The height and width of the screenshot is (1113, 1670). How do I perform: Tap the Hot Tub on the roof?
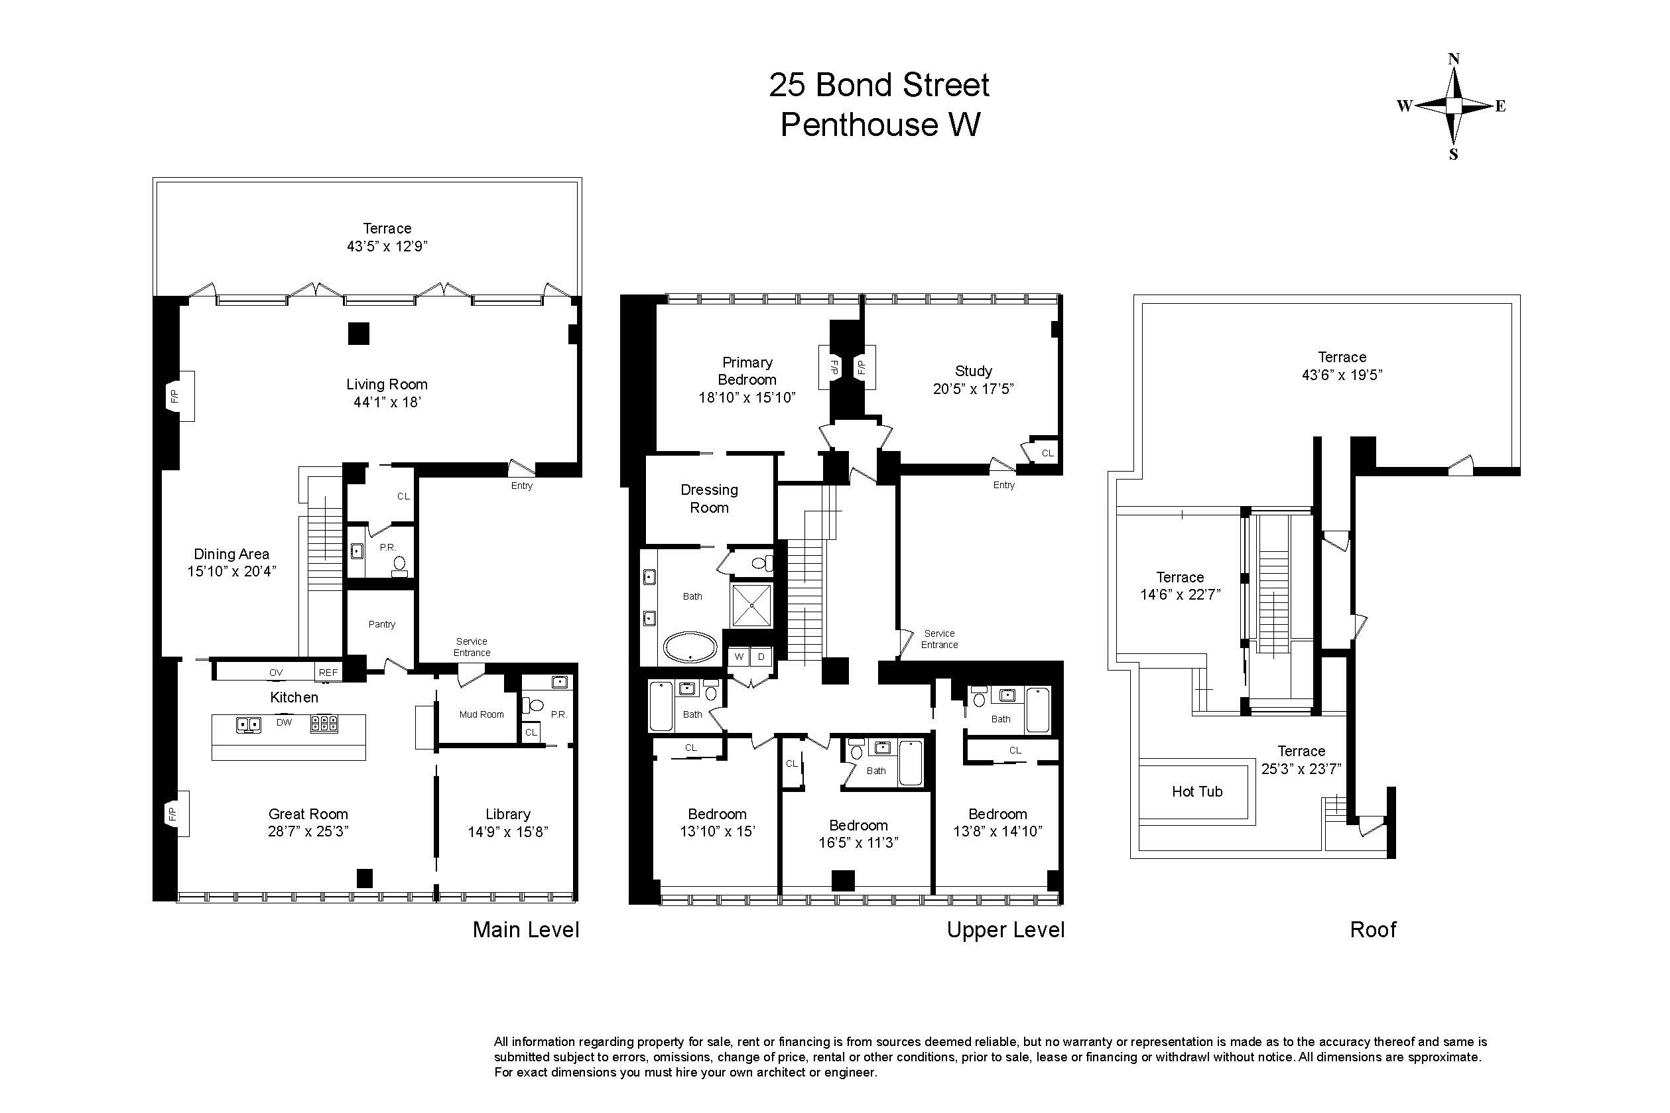(1196, 791)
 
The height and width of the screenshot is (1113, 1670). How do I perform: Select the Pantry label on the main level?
(382, 624)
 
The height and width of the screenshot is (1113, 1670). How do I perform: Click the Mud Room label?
(482, 714)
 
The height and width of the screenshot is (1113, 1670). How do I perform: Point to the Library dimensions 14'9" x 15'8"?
(508, 831)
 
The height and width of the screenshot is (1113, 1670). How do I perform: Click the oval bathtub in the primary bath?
(690, 647)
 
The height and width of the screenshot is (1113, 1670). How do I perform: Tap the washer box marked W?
(739, 657)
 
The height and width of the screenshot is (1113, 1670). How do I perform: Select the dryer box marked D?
(761, 657)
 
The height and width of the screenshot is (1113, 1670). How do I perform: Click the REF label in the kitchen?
(328, 672)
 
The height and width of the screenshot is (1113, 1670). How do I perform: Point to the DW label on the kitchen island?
(284, 722)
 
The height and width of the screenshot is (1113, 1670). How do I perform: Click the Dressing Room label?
(709, 498)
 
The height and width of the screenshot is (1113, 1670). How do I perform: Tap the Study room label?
(973, 371)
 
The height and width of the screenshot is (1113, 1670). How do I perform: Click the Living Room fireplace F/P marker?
(174, 396)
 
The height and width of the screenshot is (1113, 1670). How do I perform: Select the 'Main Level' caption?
(526, 930)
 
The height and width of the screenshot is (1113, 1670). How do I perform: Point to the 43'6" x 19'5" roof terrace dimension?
(1342, 375)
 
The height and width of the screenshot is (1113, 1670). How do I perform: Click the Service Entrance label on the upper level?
(939, 639)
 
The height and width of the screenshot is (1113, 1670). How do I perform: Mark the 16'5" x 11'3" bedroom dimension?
(858, 842)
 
